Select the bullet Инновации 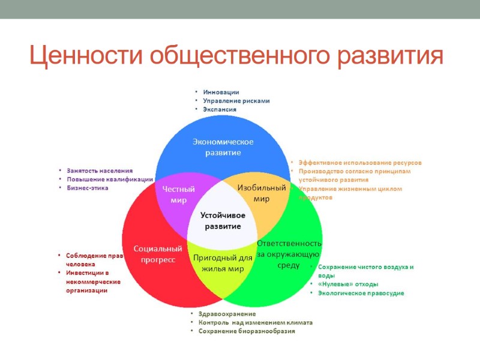point(221,92)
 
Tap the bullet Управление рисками point(236,101)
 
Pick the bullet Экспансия point(220,110)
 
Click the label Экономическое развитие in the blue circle point(223,147)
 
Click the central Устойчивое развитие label point(222,220)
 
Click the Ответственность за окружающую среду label point(289,254)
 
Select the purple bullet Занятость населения point(100,171)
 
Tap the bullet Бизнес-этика point(87,188)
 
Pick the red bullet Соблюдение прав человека point(94,259)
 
